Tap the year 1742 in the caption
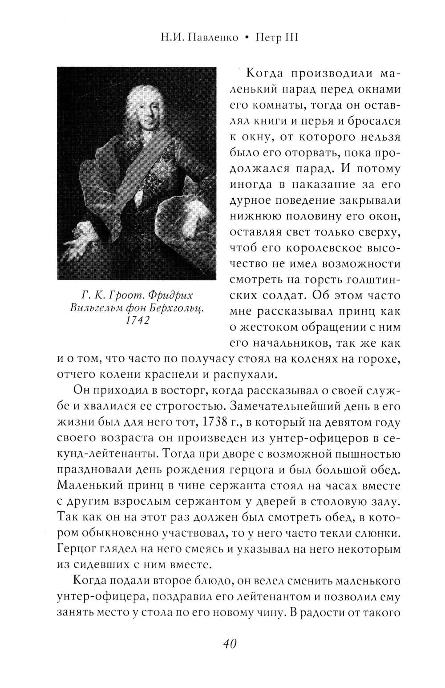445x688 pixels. tap(137, 321)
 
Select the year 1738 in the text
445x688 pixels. tap(215, 421)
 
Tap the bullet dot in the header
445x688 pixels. tap(246, 38)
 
